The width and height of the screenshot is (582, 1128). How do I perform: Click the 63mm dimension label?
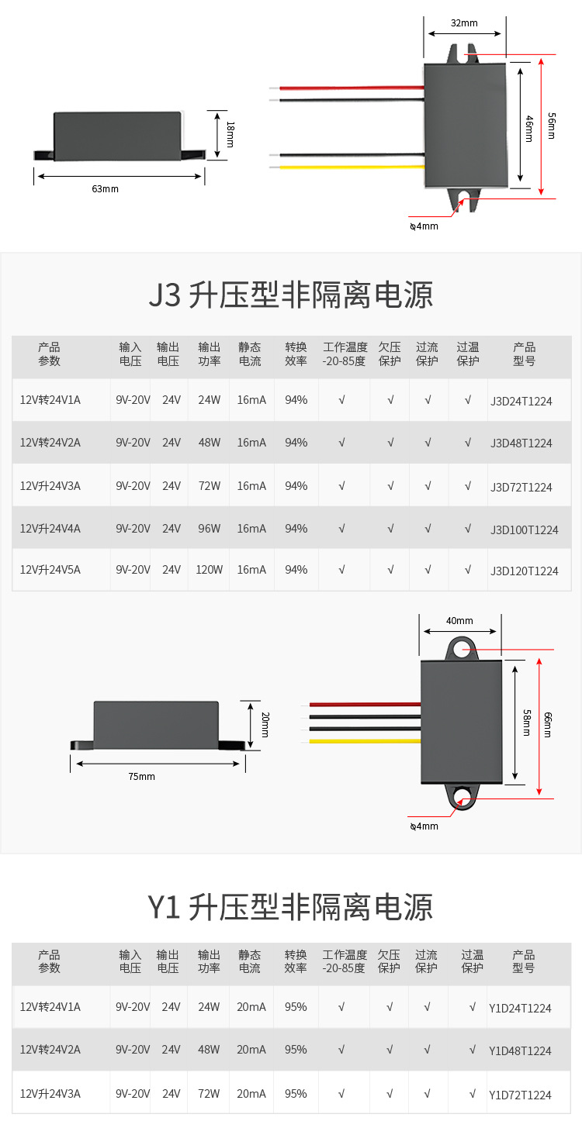[x=105, y=188]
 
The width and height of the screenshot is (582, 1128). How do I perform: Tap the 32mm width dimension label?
[x=464, y=23]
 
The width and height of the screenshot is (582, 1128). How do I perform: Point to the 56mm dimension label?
[x=551, y=126]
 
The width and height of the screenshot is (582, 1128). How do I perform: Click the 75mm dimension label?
[x=141, y=776]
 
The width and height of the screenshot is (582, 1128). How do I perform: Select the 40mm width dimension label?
[x=459, y=620]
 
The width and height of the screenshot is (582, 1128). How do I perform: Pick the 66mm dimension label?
[x=547, y=724]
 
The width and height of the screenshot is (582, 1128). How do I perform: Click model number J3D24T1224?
[x=521, y=401]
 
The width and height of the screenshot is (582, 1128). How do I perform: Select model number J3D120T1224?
[x=525, y=571]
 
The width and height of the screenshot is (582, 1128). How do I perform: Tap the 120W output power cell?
[x=210, y=570]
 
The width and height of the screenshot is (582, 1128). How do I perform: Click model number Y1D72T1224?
[x=520, y=1095]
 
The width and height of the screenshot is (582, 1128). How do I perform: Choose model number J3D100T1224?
[x=525, y=530]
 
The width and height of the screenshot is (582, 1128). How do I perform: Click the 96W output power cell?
[x=210, y=529]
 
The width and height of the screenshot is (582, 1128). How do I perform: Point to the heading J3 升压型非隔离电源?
[x=290, y=295]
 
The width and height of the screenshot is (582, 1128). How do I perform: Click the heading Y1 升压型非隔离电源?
[x=290, y=907]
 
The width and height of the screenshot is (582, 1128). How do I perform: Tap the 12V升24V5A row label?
[x=50, y=570]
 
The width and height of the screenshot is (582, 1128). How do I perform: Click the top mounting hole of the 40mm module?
[x=462, y=650]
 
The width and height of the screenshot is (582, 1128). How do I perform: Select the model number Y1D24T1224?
[x=520, y=1008]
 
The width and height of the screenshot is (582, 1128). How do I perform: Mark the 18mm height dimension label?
[x=230, y=135]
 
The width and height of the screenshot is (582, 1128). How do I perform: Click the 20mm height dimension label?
[x=265, y=724]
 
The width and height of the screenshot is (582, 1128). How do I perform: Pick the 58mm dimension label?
[x=527, y=722]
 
